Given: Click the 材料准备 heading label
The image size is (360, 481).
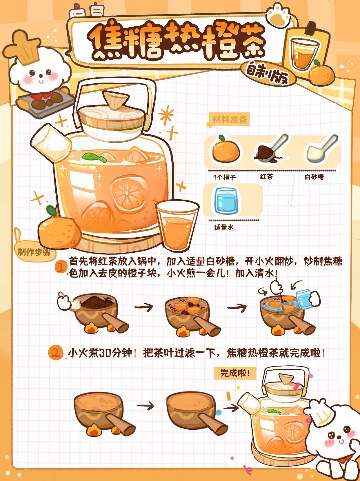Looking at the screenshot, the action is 229,120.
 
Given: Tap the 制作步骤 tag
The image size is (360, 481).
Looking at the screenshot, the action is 34,252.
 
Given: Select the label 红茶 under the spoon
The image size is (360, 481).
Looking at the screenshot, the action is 266,177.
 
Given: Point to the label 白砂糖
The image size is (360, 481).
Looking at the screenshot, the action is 314,177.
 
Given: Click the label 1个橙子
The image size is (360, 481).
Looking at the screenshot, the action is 224,177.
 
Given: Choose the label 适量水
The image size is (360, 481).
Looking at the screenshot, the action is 224,227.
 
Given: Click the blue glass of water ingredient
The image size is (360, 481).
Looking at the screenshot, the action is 226,201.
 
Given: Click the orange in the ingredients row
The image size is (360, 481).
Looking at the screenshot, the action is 226,149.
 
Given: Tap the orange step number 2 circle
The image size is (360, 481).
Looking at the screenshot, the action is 56,353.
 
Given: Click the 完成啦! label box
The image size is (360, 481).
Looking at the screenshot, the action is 235,373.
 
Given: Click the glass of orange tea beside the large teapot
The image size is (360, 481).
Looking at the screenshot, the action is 177,226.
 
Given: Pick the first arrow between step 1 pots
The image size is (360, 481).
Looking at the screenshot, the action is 144,307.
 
